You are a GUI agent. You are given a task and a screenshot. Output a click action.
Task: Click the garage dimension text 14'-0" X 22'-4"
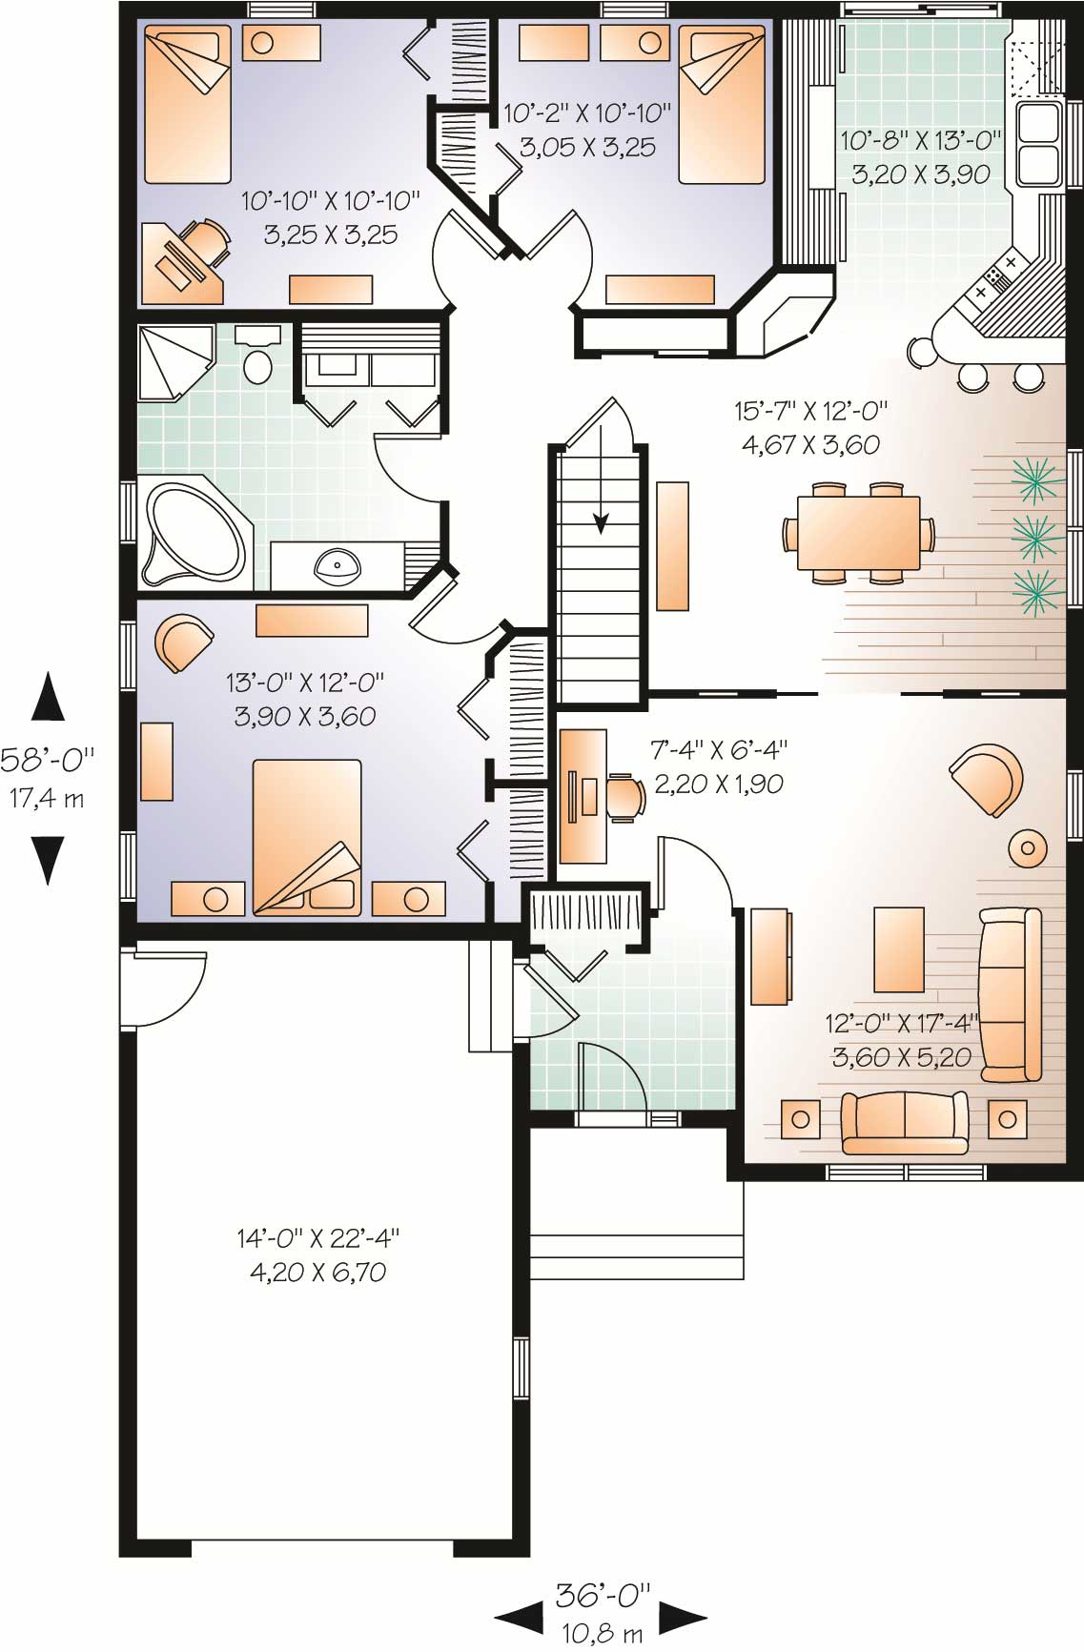317,1238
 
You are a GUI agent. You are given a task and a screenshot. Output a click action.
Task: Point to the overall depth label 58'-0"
48,760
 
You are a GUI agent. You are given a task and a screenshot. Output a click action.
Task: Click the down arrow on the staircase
601,520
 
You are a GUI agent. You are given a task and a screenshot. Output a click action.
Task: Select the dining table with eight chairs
858,532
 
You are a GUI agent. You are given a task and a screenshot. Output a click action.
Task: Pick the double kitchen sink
1039,143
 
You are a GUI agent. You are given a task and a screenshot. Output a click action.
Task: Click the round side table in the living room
1029,846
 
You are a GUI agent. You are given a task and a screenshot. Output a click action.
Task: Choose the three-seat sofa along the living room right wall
1010,994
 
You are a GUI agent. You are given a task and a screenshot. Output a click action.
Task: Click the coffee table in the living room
898,948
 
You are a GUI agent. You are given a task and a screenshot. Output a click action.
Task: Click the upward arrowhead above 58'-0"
48,696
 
